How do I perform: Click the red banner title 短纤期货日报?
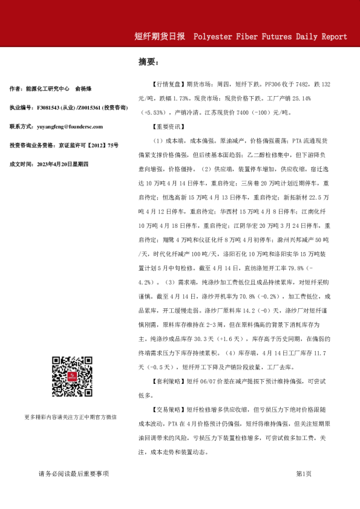pos(159,36)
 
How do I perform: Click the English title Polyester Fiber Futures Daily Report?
pos(270,36)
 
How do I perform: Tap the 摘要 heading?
pos(148,62)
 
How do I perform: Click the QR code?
pos(71,377)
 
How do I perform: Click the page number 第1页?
pos(304,474)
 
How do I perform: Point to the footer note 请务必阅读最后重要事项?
pos(73,474)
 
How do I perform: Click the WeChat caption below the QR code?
pos(71,417)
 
